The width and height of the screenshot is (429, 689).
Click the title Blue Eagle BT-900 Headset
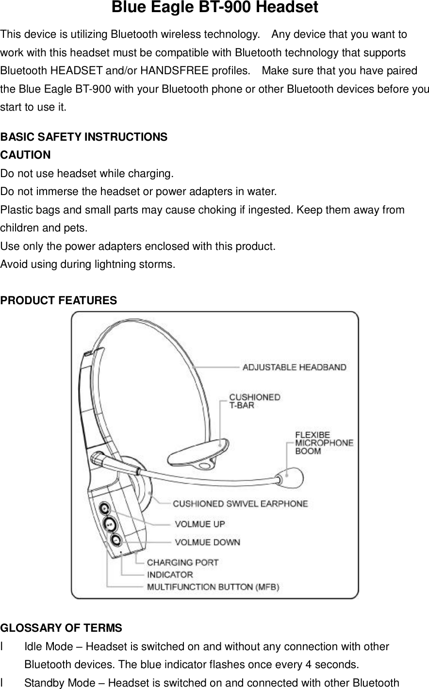click(214, 8)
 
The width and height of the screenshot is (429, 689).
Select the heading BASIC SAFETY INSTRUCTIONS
click(84, 137)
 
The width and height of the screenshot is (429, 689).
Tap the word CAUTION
click(25, 155)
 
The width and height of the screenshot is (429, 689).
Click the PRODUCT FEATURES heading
click(59, 301)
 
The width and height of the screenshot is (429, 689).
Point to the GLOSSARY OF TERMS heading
click(62, 629)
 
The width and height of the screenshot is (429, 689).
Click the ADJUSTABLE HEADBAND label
click(294, 367)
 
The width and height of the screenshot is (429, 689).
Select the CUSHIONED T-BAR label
click(254, 401)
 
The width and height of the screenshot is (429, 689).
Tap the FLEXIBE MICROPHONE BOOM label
click(324, 442)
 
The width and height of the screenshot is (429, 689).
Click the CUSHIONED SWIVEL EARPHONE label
click(240, 504)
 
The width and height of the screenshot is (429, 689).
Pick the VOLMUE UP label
click(199, 524)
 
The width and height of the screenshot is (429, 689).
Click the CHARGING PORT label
click(182, 563)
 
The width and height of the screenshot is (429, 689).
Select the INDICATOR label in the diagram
click(169, 574)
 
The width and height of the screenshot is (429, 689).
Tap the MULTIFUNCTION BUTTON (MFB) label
click(213, 587)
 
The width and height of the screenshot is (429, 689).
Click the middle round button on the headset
click(110, 524)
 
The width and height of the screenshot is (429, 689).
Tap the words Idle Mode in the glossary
click(45, 647)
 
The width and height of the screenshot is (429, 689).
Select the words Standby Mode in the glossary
click(55, 684)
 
